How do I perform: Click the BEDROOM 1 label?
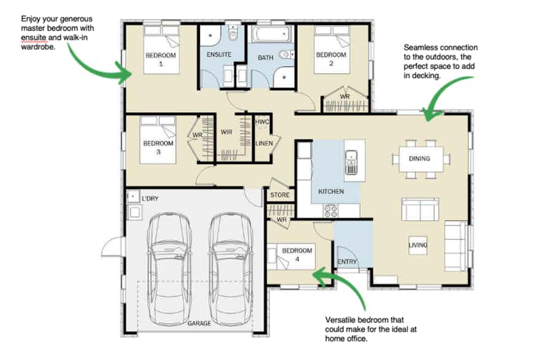(161, 59)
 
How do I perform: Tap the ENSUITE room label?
(219, 55)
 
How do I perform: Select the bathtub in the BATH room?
(272, 34)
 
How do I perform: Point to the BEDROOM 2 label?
(331, 59)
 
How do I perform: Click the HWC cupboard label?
(262, 122)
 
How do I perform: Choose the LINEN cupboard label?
(264, 144)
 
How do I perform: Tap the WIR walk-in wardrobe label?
(226, 132)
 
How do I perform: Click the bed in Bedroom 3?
(158, 140)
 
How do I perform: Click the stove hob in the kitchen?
(331, 210)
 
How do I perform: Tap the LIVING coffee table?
(418, 245)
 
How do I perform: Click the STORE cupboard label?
(280, 195)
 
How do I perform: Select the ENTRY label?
(347, 262)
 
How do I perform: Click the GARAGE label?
(199, 323)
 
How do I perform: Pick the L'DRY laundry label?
(150, 199)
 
